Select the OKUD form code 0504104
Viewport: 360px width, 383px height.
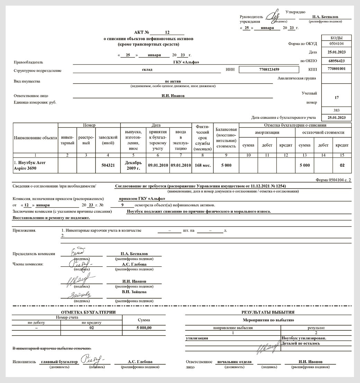(336, 44)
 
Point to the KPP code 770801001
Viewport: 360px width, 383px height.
(336, 69)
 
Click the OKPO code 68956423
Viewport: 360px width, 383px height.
(336, 61)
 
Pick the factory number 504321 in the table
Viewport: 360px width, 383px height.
(108, 166)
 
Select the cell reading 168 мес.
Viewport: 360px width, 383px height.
(202, 166)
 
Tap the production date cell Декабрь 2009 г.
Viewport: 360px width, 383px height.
(133, 166)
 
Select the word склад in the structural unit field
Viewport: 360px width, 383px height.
(147, 70)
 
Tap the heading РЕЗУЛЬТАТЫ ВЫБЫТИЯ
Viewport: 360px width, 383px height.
(268, 312)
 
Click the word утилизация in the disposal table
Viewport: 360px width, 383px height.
(197, 338)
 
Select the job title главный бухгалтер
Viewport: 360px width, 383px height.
(59, 362)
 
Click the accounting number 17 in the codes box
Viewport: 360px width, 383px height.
(336, 98)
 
